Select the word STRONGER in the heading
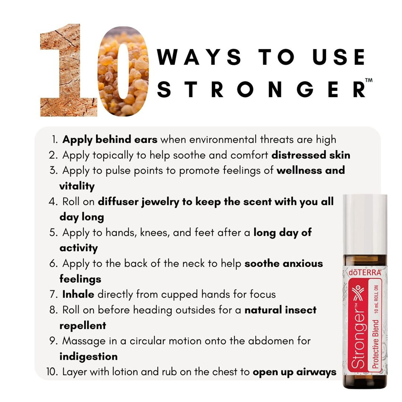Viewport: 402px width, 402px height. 261,89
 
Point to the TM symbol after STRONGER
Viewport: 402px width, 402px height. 368,81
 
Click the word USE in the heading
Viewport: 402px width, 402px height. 338,57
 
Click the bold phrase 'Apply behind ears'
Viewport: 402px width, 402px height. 110,139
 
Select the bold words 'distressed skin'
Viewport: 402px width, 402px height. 311,155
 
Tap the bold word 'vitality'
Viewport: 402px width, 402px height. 77,186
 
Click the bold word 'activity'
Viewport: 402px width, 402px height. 79,248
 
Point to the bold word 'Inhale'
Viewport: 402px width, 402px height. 78,294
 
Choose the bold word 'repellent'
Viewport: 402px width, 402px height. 83,325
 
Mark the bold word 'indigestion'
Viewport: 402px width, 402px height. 88,356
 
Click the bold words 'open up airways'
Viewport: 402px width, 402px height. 294,372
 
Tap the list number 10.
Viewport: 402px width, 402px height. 52,372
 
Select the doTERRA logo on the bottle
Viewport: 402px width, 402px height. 365,272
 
